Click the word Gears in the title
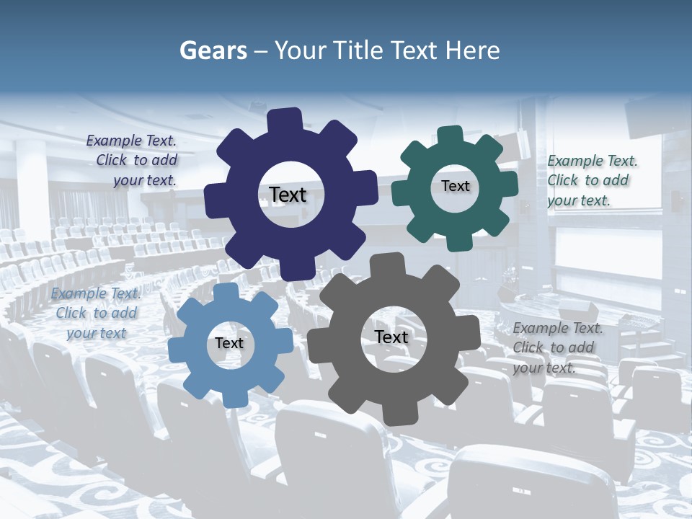pos(210,50)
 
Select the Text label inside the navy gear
pos(288,195)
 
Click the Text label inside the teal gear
pos(455,186)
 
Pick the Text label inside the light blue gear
pos(229,344)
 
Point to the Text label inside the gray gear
pos(391,337)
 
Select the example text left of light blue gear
pos(96,313)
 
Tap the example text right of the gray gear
pos(556,347)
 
